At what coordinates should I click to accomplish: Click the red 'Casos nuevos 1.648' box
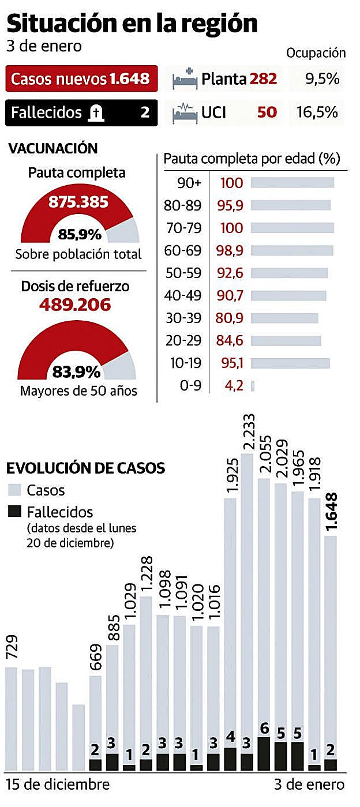[x=81, y=79]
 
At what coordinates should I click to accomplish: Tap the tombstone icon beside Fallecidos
[x=95, y=112]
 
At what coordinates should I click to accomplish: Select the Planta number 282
[x=263, y=79]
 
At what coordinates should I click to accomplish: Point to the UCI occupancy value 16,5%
[x=317, y=112]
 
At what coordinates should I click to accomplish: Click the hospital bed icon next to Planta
[x=185, y=80]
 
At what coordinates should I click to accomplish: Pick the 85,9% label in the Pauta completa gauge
[x=80, y=235]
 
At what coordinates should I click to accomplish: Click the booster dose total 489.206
[x=74, y=305]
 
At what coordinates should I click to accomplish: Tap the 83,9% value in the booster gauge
[x=77, y=370]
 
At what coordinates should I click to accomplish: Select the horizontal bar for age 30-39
[x=284, y=318]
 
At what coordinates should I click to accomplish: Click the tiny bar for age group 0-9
[x=253, y=385]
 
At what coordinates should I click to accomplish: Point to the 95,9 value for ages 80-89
[x=232, y=205]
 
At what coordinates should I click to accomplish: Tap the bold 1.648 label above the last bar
[x=332, y=512]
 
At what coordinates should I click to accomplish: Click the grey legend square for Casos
[x=15, y=490]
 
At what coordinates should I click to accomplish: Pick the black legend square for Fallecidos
[x=15, y=511]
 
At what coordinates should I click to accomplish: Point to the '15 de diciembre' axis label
[x=58, y=785]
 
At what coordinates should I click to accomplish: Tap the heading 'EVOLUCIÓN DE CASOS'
[x=85, y=468]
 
